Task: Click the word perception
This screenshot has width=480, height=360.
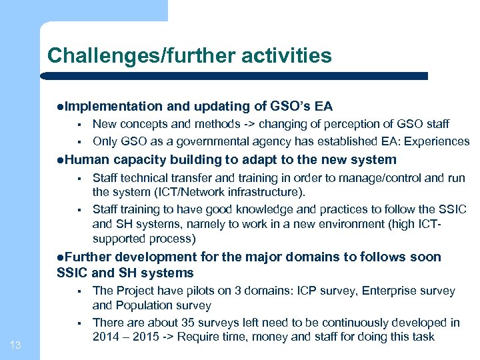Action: coord(331,123)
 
